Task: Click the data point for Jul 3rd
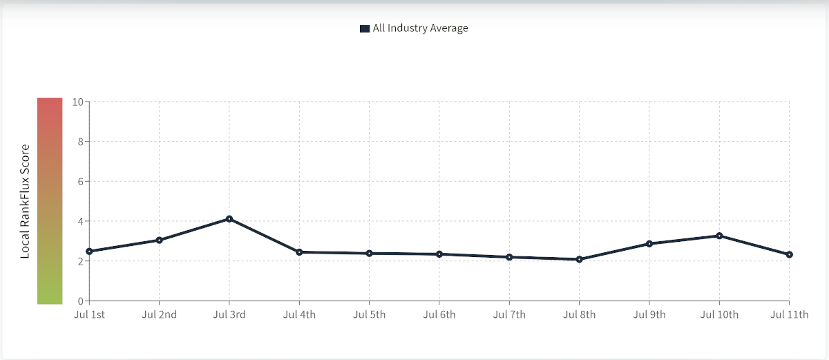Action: [229, 219]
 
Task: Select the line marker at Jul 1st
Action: [89, 252]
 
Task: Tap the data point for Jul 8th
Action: [579, 259]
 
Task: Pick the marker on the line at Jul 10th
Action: [719, 236]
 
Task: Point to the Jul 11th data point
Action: [789, 254]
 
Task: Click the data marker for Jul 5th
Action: [369, 254]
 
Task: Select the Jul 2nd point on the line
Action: [159, 240]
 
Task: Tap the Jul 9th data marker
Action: [649, 244]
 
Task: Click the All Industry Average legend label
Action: [420, 28]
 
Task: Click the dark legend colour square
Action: [365, 28]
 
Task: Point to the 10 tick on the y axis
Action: [77, 102]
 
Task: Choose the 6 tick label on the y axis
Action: [79, 182]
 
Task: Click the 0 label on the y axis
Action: [79, 301]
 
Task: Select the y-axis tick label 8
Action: [79, 142]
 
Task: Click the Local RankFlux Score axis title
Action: [25, 201]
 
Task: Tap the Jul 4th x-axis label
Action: [299, 315]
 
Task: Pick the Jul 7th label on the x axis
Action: [509, 315]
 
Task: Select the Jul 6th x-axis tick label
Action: [439, 315]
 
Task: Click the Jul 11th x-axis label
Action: [789, 315]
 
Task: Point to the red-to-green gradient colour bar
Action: [50, 200]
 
